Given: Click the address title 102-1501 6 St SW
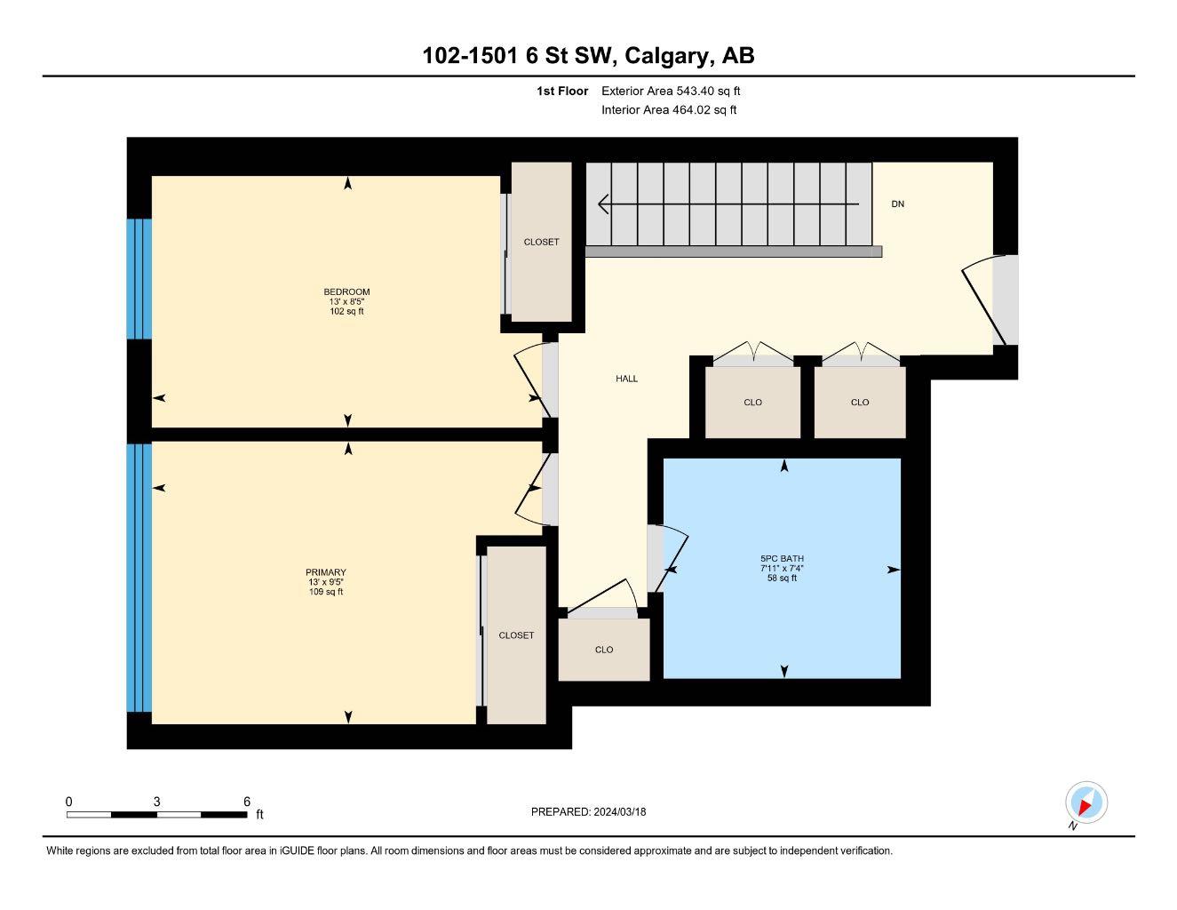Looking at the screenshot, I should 588,56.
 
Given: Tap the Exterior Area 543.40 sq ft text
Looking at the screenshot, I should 671,91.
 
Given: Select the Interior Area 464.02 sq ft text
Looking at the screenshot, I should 669,110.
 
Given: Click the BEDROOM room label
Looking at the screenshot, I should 346,292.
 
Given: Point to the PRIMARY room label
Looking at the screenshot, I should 326,573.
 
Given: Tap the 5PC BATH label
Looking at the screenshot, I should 782,559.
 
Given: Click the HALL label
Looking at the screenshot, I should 627,379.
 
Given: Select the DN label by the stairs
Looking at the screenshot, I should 898,204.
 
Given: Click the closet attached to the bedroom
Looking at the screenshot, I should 541,242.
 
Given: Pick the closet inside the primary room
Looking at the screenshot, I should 516,635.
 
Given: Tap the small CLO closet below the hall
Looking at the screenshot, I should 604,650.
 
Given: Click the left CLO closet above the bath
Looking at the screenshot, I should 752,403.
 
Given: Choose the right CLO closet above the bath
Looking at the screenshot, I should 860,403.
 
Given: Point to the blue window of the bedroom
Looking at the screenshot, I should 139,279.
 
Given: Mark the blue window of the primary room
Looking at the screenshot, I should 139,578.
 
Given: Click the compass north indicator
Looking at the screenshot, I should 1086,804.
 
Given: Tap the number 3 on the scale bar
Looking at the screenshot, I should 157,802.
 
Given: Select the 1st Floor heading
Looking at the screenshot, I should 562,91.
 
